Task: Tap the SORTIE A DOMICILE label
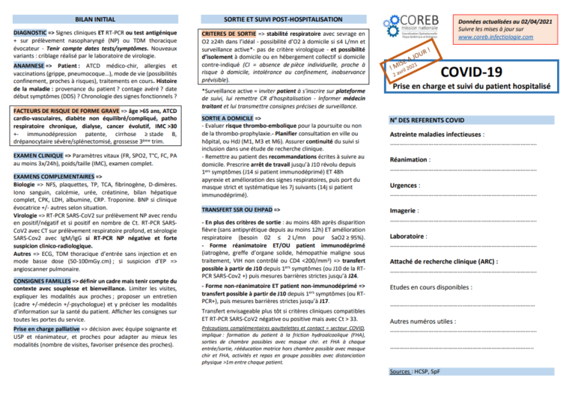(x=225, y=118)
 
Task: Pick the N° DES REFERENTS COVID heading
(x=427, y=120)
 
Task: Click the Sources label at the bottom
(x=401, y=372)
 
